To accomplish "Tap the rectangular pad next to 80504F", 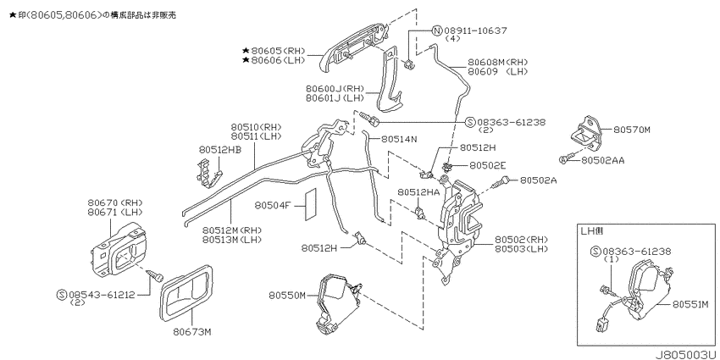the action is click(x=310, y=204).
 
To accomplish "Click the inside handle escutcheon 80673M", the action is click(x=186, y=292).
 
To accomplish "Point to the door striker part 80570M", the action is click(x=584, y=130).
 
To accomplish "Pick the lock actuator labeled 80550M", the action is click(x=338, y=305).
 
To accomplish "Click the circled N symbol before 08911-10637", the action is click(x=437, y=30).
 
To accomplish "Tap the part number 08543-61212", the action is click(x=102, y=295).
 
